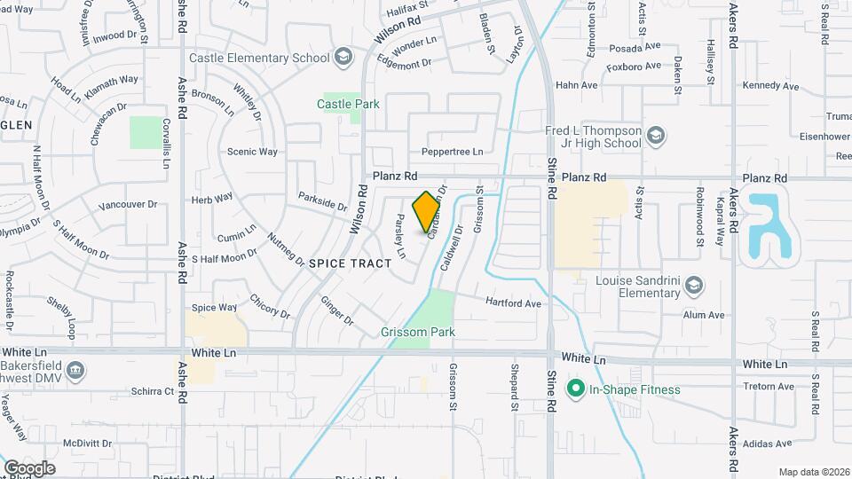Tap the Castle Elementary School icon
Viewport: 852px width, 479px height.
point(342,59)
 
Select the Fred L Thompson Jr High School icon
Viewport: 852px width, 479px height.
point(655,135)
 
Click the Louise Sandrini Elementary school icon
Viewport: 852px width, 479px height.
point(694,286)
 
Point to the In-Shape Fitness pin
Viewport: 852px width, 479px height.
point(575,389)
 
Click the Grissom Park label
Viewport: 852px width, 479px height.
point(417,333)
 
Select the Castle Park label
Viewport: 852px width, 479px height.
point(348,104)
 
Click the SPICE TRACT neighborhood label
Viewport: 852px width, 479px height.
point(350,263)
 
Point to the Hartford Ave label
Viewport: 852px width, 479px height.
point(513,303)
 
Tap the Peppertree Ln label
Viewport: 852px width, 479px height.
point(453,152)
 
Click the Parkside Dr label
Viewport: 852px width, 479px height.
point(322,202)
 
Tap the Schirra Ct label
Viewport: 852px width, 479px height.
point(149,390)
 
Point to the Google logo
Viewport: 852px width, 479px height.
point(29,467)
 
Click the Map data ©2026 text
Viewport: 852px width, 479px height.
point(814,472)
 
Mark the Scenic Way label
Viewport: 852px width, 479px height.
point(252,152)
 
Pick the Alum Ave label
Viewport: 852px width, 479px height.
point(704,315)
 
